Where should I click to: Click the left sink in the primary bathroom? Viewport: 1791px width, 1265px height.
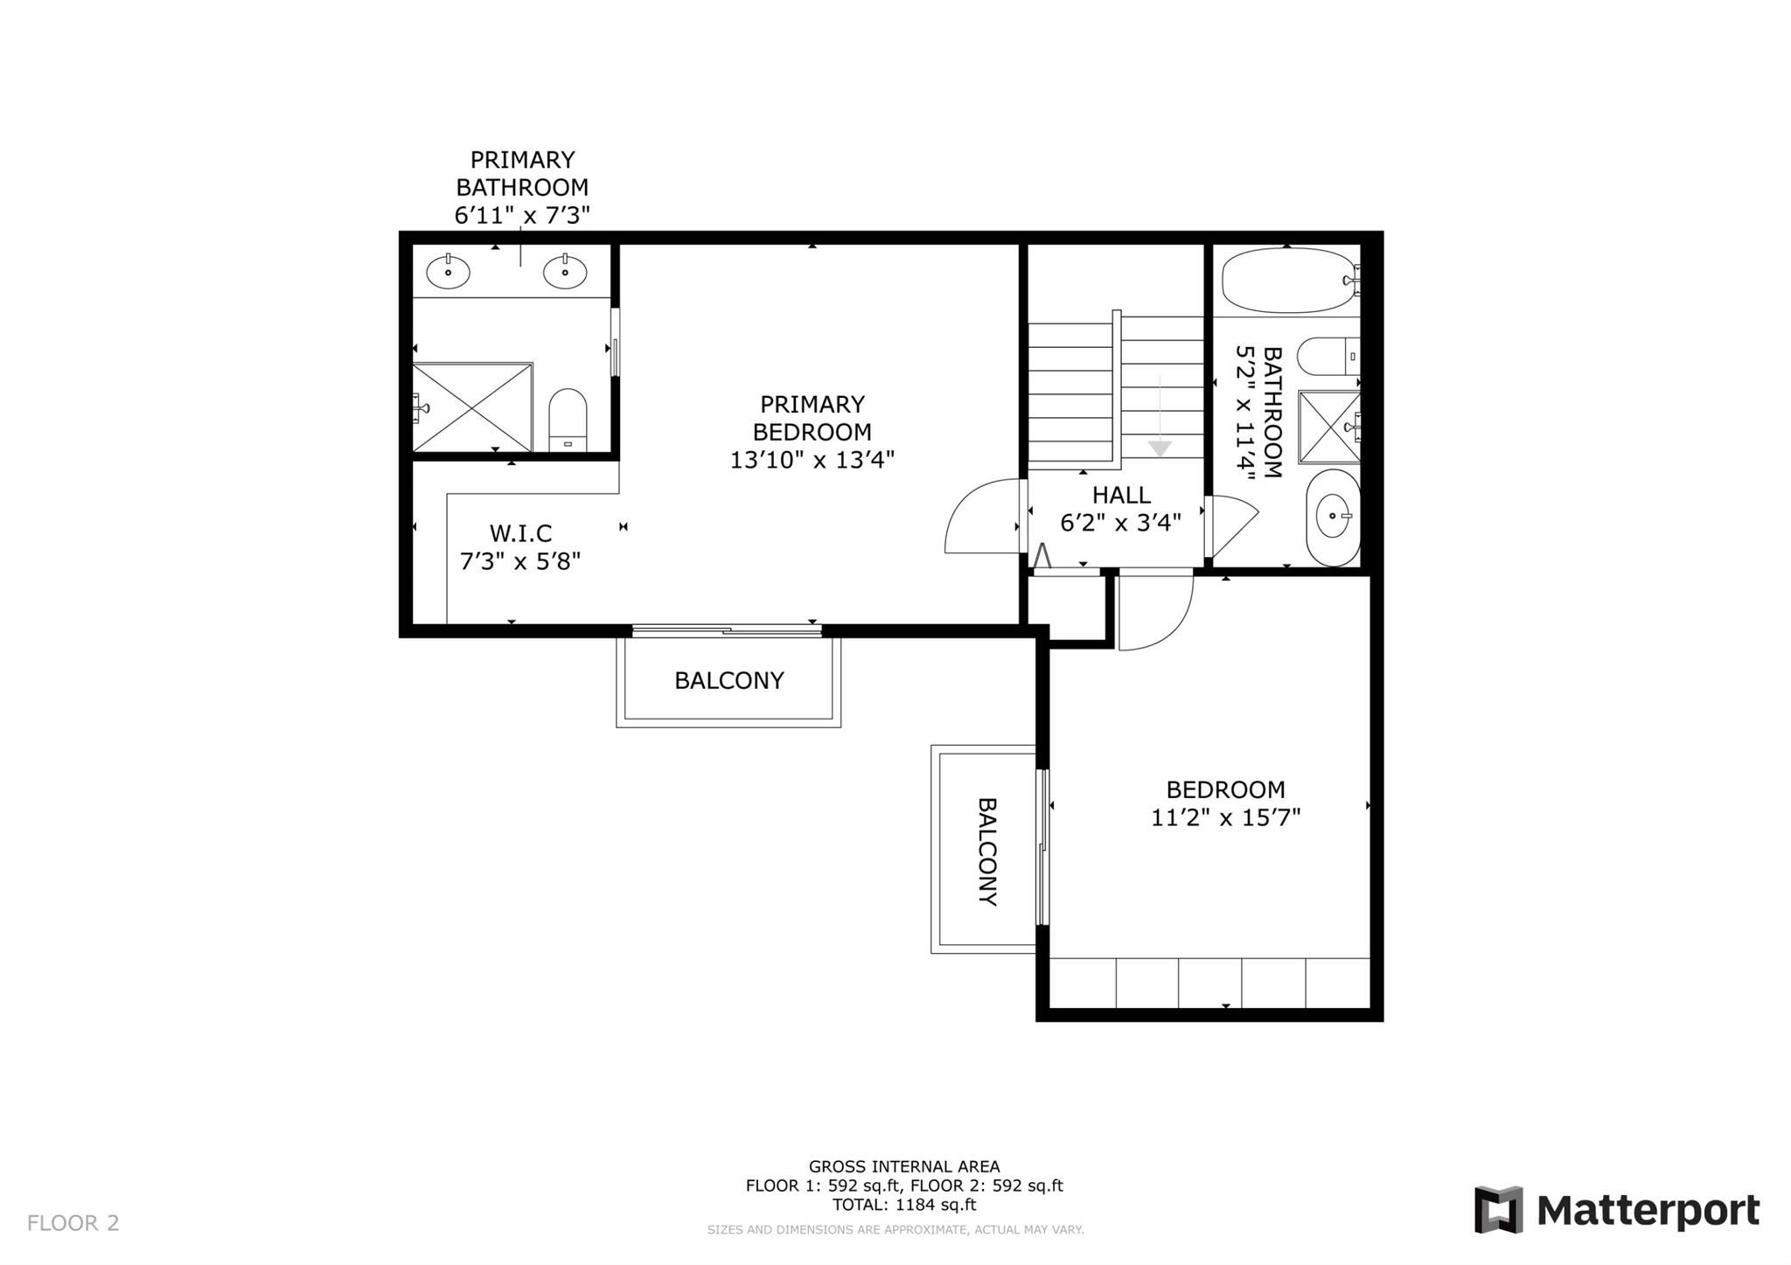[x=448, y=272]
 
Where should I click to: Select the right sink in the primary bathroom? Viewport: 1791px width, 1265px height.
[x=564, y=272]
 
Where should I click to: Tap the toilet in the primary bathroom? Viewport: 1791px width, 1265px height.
[x=568, y=421]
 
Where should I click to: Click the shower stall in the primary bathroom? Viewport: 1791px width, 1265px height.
[x=472, y=407]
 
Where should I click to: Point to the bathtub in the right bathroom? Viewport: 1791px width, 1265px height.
[x=1291, y=281]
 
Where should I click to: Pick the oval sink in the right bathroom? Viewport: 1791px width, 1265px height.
[x=1333, y=517]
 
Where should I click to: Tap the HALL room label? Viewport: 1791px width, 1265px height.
[x=1121, y=495]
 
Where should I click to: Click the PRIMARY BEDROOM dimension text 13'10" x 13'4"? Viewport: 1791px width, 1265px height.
[x=812, y=460]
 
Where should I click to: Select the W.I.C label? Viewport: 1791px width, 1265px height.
[x=520, y=533]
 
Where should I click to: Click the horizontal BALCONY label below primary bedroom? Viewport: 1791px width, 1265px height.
[x=728, y=680]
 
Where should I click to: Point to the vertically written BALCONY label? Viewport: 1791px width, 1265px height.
[x=987, y=851]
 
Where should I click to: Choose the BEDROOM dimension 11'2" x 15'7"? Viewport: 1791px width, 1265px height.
[x=1226, y=818]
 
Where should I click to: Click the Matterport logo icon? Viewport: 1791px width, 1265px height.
[x=1498, y=1210]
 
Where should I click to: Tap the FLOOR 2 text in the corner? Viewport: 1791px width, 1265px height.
[x=73, y=1223]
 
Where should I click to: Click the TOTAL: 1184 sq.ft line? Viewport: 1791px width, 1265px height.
[x=904, y=1205]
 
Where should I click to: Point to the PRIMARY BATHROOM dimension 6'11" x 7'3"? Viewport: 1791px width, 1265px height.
[x=522, y=215]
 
